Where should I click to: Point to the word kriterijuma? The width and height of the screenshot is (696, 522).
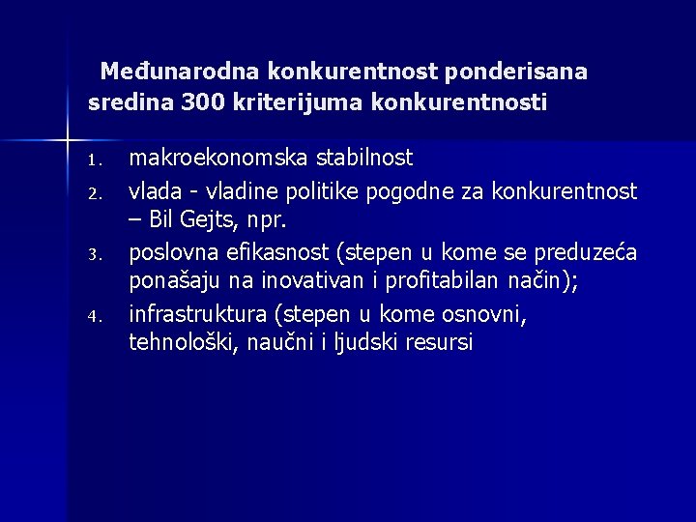tap(292, 101)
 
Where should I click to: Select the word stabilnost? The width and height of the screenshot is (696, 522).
tap(364, 157)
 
